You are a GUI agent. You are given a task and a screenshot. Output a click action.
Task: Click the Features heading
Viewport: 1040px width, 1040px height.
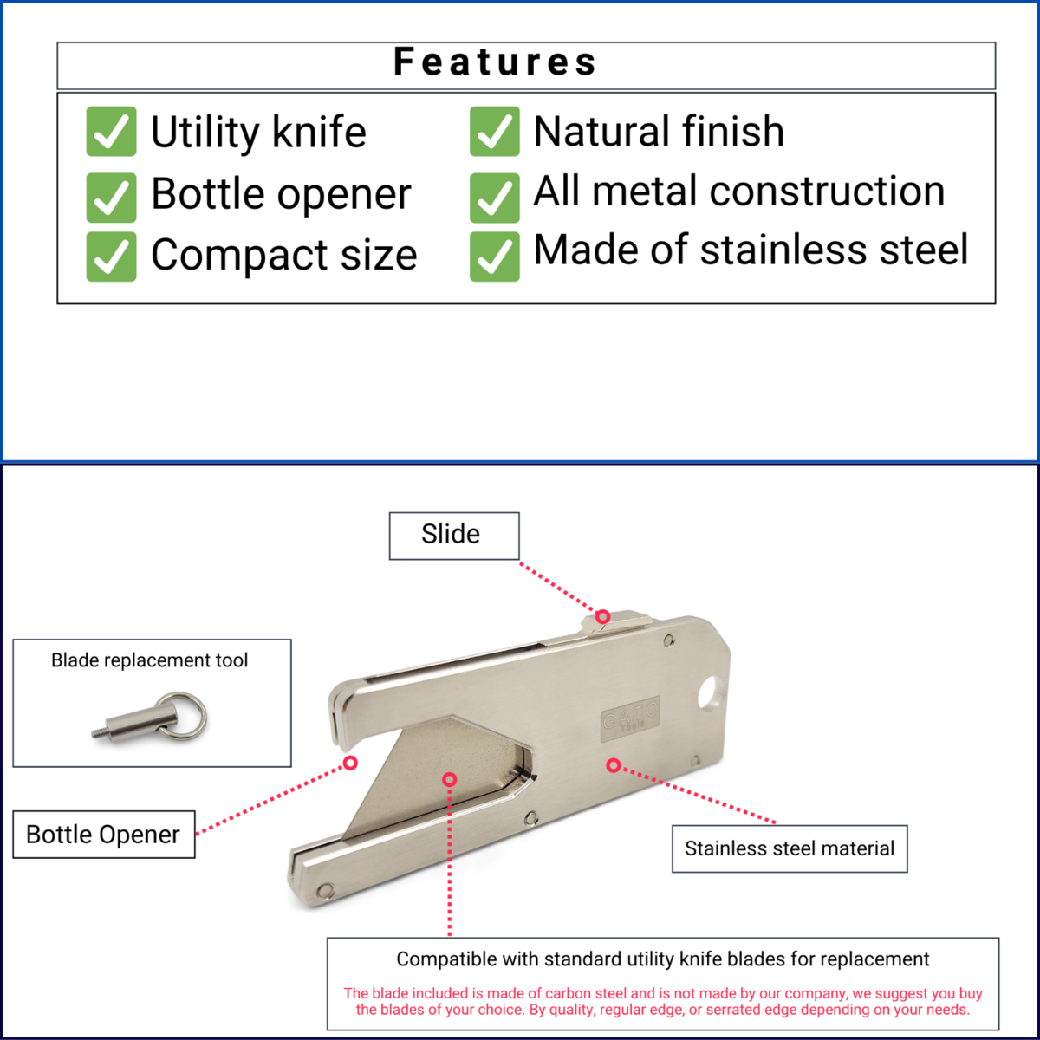pos(495,62)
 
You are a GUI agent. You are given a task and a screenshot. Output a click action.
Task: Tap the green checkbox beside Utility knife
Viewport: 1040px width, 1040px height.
pos(111,131)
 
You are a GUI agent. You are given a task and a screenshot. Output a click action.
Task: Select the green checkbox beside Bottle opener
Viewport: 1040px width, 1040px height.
pos(111,198)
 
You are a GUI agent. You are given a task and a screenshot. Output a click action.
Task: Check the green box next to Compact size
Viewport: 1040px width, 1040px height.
pos(111,257)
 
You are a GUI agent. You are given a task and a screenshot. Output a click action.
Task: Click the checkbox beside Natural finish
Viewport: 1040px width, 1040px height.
pos(494,131)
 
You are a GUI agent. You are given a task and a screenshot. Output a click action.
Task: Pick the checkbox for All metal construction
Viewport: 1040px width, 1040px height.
pos(494,198)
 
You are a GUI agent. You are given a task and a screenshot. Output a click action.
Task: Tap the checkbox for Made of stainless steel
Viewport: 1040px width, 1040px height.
pos(494,257)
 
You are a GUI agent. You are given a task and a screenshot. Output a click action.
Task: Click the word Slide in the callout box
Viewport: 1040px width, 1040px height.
pos(451,534)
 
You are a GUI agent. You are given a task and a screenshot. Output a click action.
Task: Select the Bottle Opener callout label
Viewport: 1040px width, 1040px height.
pos(103,835)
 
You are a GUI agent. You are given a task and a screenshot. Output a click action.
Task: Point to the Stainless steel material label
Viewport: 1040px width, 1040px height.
pos(790,848)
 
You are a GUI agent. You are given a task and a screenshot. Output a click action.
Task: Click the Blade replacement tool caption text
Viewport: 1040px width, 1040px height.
pos(149,660)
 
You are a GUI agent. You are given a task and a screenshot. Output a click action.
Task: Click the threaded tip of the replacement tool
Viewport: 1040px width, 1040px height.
pos(98,733)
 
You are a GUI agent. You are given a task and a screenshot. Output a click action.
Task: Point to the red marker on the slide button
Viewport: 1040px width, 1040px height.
pos(603,616)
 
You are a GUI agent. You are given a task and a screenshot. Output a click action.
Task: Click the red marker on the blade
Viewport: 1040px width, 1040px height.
pos(449,779)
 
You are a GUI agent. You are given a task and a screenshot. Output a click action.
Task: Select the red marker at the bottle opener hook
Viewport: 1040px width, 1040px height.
pos(350,763)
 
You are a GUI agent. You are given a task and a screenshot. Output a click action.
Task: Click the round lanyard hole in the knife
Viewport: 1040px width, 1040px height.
pos(710,692)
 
